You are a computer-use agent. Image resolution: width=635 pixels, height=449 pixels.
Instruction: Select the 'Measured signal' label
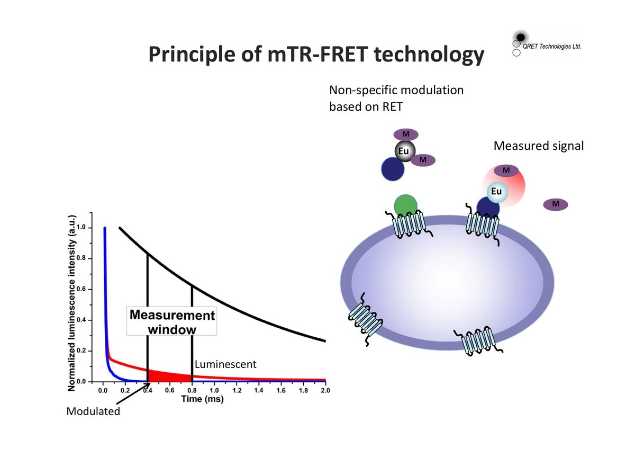click(538, 146)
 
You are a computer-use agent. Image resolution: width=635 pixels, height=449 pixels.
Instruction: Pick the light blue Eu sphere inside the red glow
click(496, 191)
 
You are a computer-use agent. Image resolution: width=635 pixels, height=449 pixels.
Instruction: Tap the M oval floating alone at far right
click(555, 203)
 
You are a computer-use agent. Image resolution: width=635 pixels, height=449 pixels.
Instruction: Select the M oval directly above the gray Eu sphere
click(406, 134)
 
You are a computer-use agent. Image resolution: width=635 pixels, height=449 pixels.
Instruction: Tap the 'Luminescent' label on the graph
click(225, 364)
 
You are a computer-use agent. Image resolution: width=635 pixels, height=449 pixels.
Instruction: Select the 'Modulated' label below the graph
click(93, 411)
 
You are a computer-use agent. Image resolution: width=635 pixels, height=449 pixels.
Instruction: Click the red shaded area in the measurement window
click(159, 376)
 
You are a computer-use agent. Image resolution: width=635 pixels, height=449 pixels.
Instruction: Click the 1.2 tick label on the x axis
click(237, 391)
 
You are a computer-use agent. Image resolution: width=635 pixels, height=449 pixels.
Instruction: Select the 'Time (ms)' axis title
click(202, 399)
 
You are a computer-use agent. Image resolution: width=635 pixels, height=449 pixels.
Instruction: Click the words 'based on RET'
click(366, 106)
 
